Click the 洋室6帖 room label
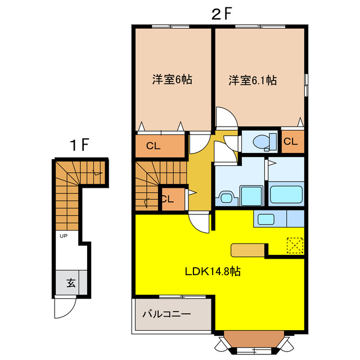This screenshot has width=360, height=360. click(x=172, y=80)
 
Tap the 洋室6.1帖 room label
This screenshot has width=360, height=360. click(x=252, y=80)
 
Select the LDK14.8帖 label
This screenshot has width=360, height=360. click(x=213, y=271)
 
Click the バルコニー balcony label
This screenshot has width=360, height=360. click(x=166, y=314)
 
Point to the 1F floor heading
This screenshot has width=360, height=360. click(x=80, y=145)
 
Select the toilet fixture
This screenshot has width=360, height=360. click(x=262, y=142)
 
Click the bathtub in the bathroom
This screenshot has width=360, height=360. click(x=287, y=194)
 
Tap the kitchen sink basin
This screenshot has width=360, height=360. click(x=265, y=219)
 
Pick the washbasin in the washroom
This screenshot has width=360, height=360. click(x=226, y=197)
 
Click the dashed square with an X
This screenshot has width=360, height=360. click(x=295, y=245)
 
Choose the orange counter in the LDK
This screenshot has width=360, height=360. click(x=247, y=250)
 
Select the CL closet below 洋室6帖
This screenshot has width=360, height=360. click(x=154, y=146)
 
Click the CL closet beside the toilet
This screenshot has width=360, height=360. click(x=290, y=142)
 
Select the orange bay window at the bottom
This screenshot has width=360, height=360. click(x=253, y=339)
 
